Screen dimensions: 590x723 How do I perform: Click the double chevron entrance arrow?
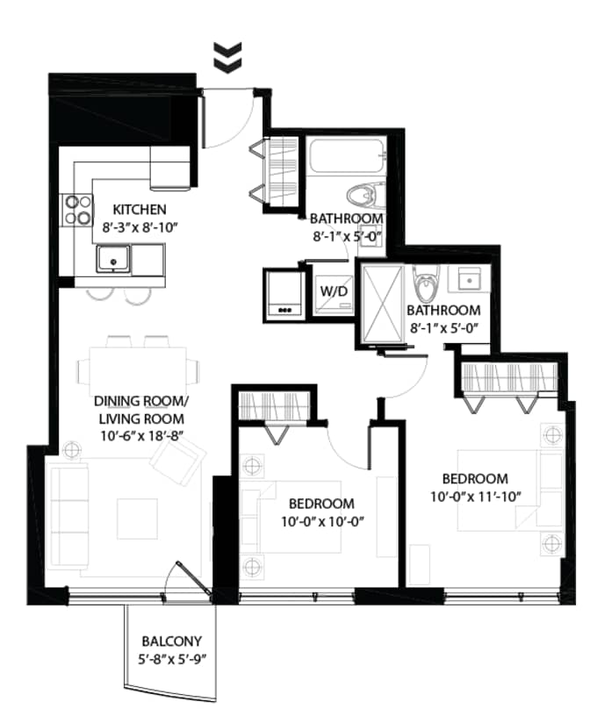coord(228,57)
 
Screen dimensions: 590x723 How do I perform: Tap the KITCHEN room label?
coord(140,210)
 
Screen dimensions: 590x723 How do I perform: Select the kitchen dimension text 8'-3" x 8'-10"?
coord(140,228)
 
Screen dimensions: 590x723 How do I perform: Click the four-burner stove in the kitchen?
coord(77,211)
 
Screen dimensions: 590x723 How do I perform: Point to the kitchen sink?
coord(113,258)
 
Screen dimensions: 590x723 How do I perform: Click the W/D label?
coord(334,291)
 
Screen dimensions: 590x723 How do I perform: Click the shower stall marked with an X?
coord(382,304)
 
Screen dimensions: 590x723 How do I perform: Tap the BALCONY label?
coord(171,641)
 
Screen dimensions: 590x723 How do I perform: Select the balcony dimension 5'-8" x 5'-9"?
coord(171,660)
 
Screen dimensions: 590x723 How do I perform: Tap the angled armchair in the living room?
coord(178,462)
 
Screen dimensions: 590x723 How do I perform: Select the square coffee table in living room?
coord(138,519)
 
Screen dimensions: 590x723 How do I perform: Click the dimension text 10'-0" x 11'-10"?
coord(476,498)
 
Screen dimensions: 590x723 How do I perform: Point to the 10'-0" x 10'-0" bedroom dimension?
coord(323,522)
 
